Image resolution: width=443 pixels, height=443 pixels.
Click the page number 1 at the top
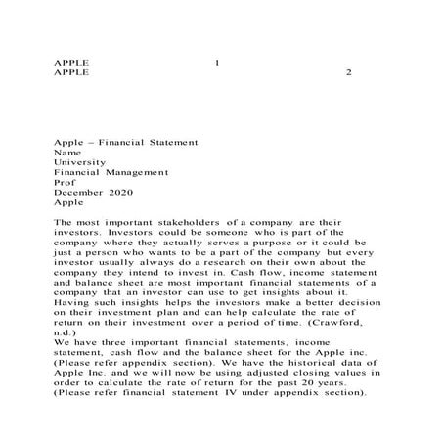[x=216, y=62]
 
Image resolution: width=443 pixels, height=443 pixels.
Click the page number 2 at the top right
[x=349, y=73]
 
